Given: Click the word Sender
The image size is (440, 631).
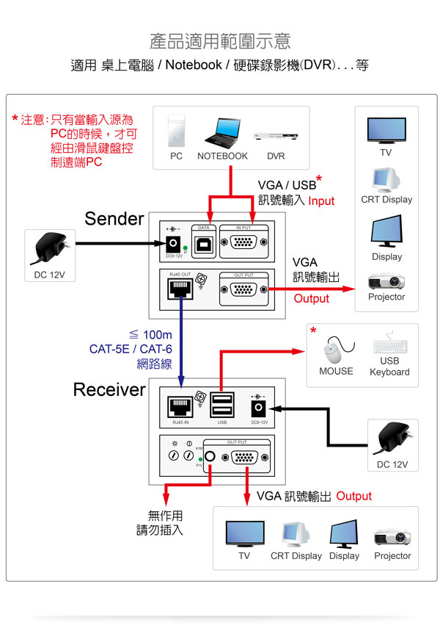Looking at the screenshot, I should pyautogui.click(x=114, y=218).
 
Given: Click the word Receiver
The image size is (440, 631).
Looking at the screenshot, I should pyautogui.click(x=109, y=389).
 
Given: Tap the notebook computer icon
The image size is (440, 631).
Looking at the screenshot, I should pyautogui.click(x=222, y=132).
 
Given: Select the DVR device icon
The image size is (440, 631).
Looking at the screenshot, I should pyautogui.click(x=276, y=137).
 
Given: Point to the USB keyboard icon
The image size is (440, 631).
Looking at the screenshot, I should pyautogui.click(x=389, y=347).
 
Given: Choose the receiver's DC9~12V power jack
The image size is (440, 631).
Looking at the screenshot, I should pyautogui.click(x=260, y=406).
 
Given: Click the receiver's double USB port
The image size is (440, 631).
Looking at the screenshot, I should pyautogui.click(x=221, y=405).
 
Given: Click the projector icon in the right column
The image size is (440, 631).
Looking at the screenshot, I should pyautogui.click(x=386, y=281).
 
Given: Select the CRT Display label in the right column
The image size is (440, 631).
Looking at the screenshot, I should pyautogui.click(x=386, y=200).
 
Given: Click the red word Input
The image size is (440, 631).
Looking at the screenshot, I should pyautogui.click(x=321, y=201).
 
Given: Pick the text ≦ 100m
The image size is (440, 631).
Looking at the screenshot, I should pyautogui.click(x=150, y=336).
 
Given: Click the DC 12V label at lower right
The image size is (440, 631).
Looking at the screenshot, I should pyautogui.click(x=393, y=465).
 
